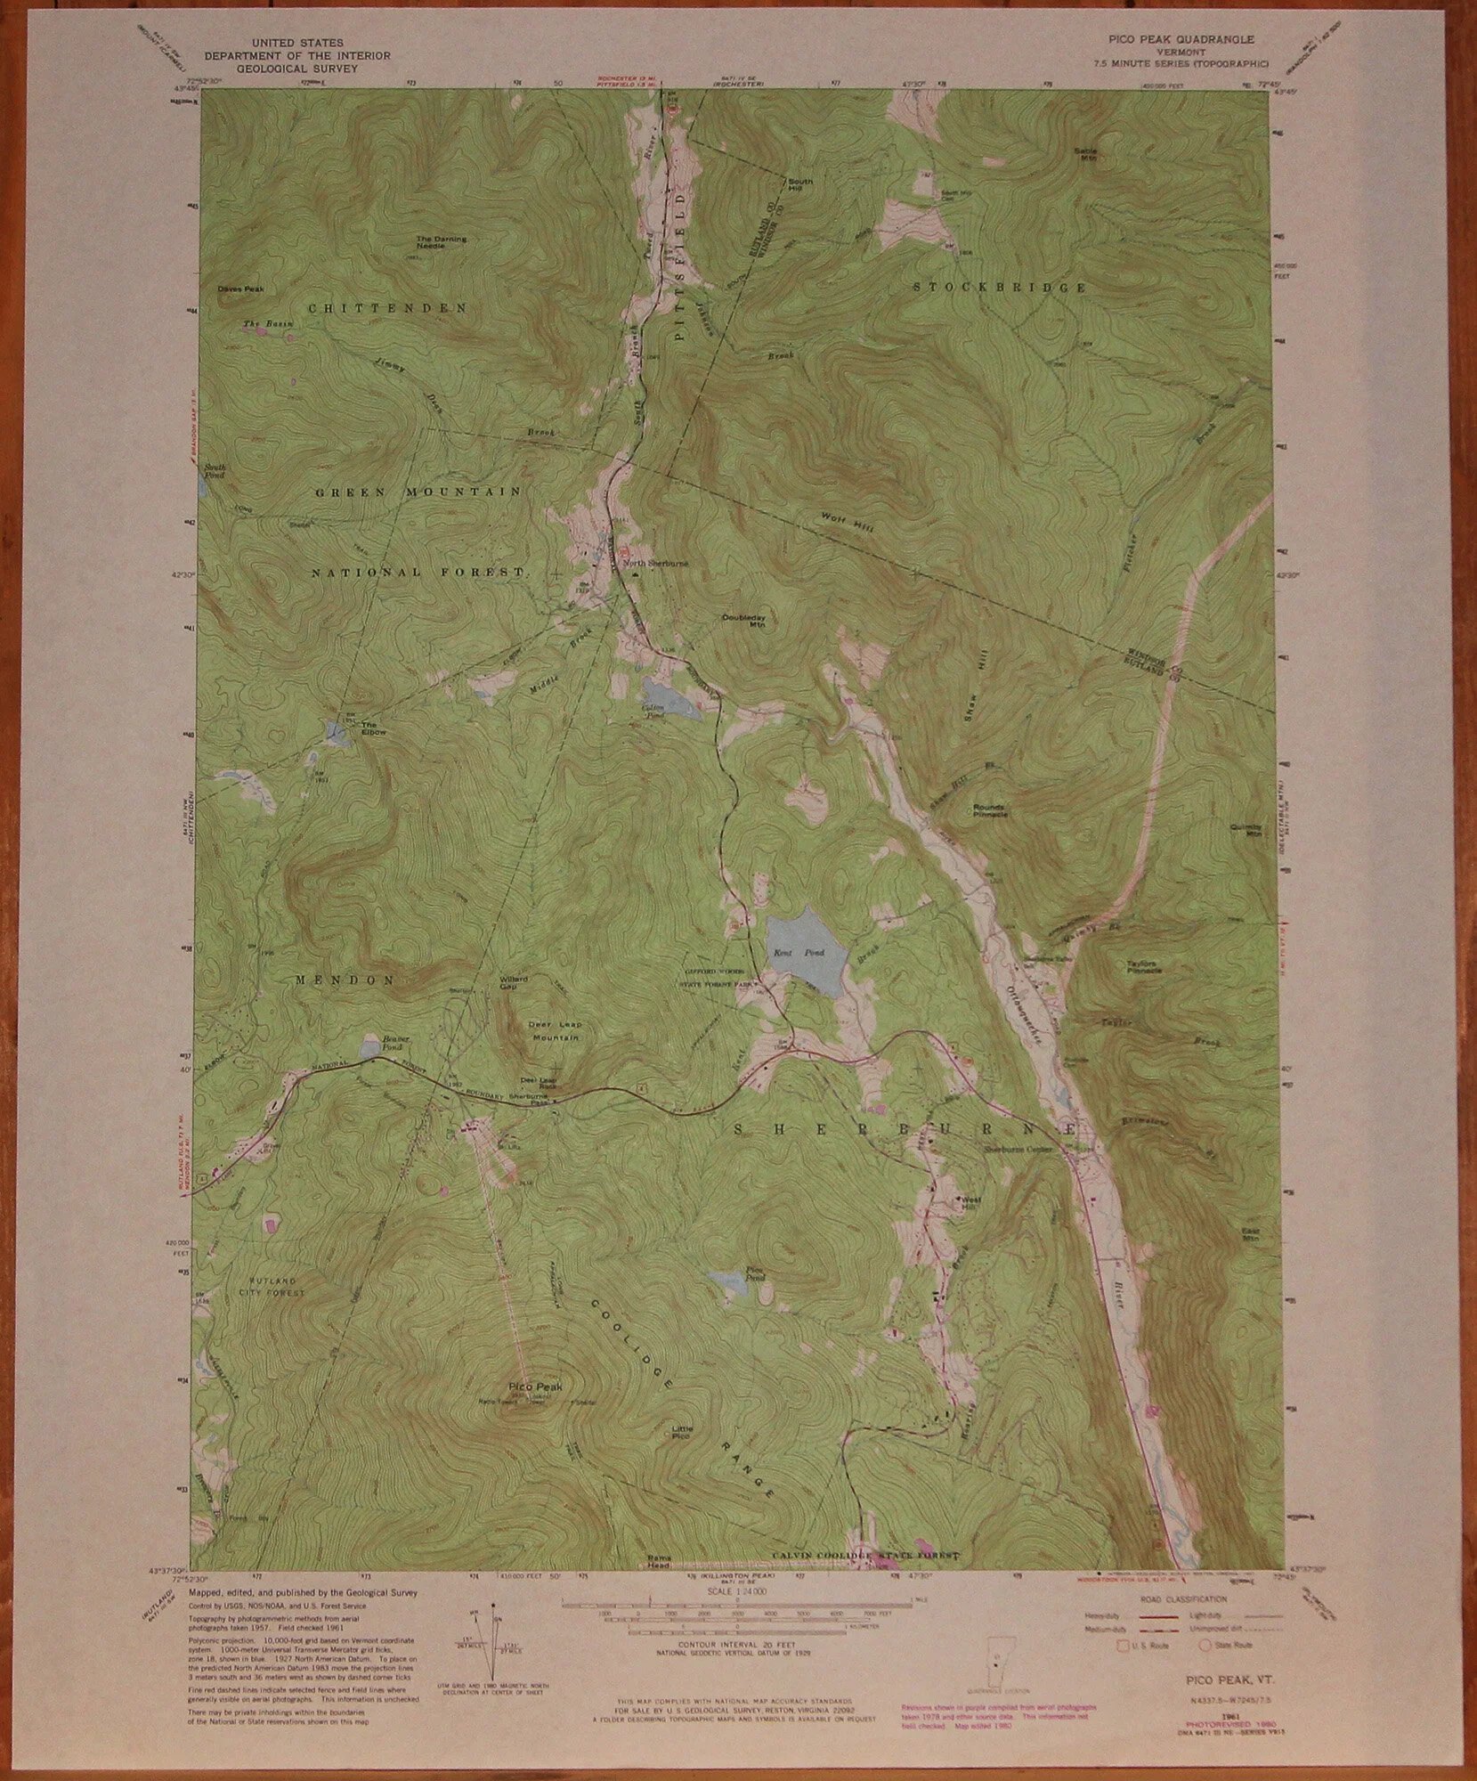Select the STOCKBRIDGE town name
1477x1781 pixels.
pyautogui.click(x=1002, y=288)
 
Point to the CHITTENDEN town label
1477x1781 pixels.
pyautogui.click(x=387, y=308)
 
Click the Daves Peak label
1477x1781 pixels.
pyautogui.click(x=240, y=289)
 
